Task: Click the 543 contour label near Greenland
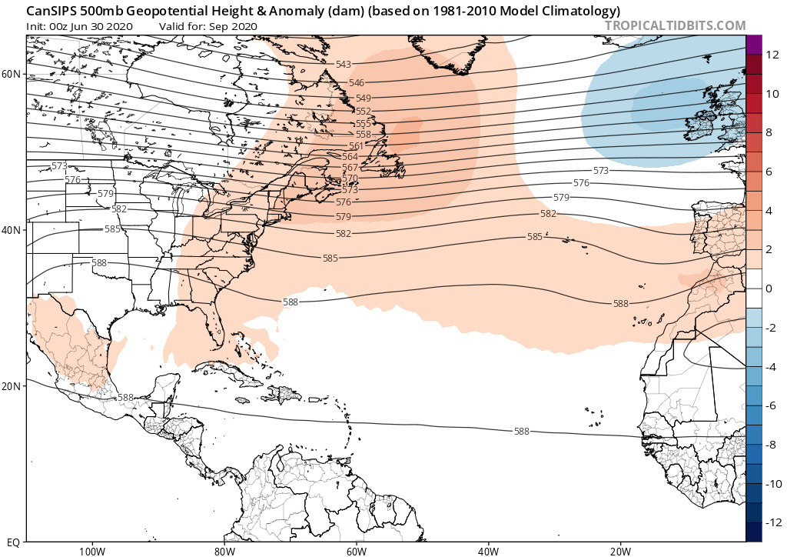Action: click(344, 63)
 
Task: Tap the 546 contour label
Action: click(356, 82)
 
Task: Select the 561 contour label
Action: click(357, 146)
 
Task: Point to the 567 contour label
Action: click(350, 168)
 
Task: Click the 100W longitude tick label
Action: click(91, 550)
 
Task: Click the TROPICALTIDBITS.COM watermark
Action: click(676, 25)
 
